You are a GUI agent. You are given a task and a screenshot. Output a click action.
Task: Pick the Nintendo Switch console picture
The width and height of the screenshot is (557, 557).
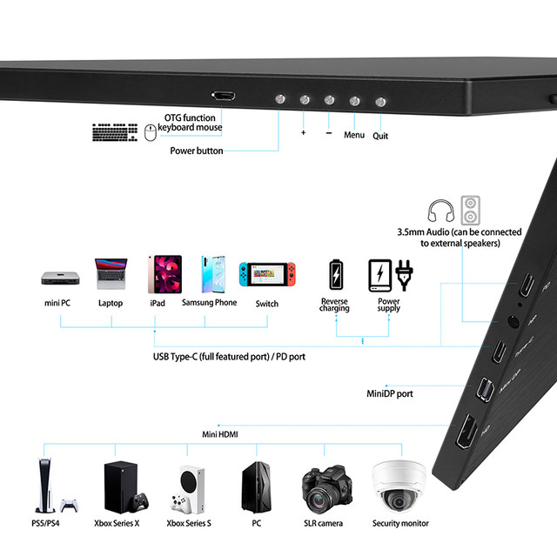point(267,275)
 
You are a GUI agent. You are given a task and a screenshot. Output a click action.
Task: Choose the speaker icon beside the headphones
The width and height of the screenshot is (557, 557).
point(471,210)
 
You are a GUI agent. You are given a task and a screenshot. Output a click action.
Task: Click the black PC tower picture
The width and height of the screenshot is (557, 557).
point(256,488)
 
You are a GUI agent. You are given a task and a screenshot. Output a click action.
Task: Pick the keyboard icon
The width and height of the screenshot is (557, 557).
point(115,132)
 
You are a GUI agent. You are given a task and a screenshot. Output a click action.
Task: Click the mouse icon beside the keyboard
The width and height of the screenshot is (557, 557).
point(150,132)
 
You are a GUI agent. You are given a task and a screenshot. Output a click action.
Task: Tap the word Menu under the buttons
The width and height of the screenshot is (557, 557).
point(354,135)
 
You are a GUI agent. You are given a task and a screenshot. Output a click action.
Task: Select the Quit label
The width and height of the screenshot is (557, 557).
point(380,136)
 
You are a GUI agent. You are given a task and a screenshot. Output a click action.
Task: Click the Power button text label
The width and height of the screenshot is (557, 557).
point(197,151)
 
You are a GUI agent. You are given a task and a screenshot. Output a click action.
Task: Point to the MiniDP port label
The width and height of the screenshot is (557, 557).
point(389,393)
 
